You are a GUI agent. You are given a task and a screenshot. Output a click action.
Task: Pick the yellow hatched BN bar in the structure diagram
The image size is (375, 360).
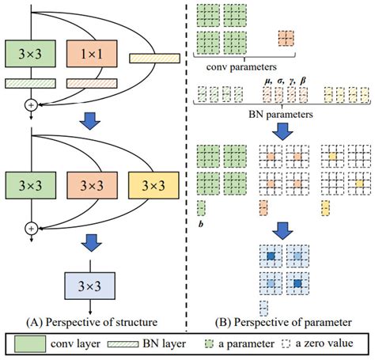click(x=154, y=57)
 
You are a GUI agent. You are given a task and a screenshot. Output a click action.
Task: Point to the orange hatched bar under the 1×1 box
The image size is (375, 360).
click(x=89, y=82)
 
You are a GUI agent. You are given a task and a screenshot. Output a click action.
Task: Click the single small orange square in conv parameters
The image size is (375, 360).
click(x=284, y=37)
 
